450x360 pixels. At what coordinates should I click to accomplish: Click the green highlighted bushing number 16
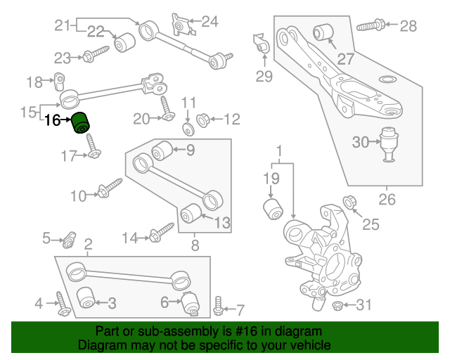click(82, 121)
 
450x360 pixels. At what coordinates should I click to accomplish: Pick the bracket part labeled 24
click(180, 25)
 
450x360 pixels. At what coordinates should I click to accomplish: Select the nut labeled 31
click(337, 305)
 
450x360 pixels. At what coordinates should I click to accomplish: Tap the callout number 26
click(387, 200)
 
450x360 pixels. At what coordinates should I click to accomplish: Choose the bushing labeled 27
click(324, 32)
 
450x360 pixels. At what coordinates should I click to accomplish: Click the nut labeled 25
click(349, 205)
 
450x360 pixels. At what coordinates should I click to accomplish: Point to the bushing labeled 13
click(188, 212)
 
